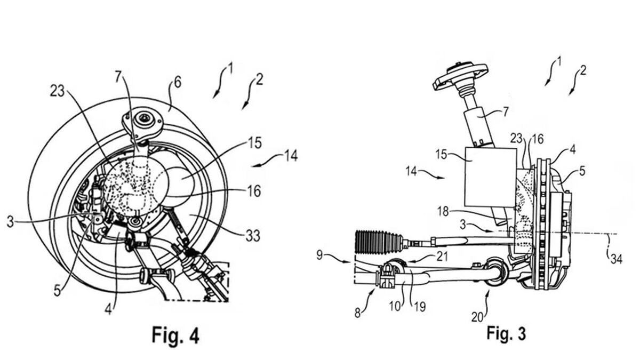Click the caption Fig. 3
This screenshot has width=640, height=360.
click(x=506, y=333)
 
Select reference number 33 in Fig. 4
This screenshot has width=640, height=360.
click(x=253, y=235)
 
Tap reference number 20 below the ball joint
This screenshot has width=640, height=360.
click(x=478, y=316)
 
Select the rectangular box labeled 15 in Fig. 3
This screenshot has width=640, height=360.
click(x=490, y=177)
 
